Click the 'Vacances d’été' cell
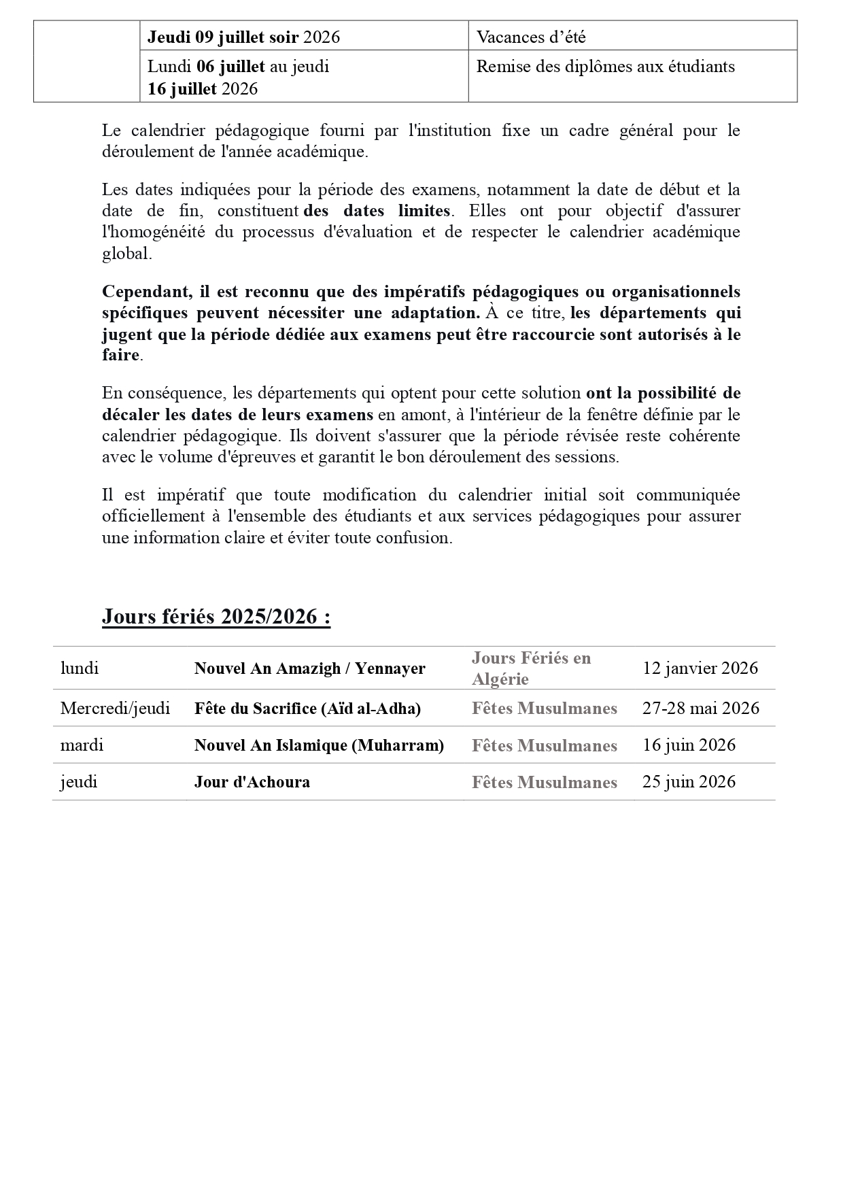pyautogui.click(x=531, y=37)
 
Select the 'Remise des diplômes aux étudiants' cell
pyautogui.click(x=605, y=67)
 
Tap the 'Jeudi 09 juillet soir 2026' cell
pyautogui.click(x=243, y=37)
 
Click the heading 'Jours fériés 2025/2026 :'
pyautogui.click(x=216, y=616)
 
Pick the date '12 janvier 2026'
pyautogui.click(x=700, y=668)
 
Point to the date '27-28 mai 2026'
pyautogui.click(x=701, y=708)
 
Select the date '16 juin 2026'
pyautogui.click(x=689, y=745)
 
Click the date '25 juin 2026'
pyautogui.click(x=689, y=781)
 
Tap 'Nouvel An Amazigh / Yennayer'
pyautogui.click(x=310, y=668)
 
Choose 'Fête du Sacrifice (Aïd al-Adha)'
pyautogui.click(x=307, y=708)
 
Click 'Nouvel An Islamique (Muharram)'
pyautogui.click(x=319, y=745)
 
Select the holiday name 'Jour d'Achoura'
pyautogui.click(x=252, y=781)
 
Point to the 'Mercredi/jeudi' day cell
pyautogui.click(x=115, y=708)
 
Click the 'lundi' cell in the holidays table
pyautogui.click(x=80, y=668)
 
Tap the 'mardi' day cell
pyautogui.click(x=82, y=745)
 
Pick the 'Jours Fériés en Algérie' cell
pyautogui.click(x=531, y=668)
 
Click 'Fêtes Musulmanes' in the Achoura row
pyautogui.click(x=545, y=782)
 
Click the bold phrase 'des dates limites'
pyautogui.click(x=377, y=211)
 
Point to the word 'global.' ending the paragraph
pyautogui.click(x=127, y=254)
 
